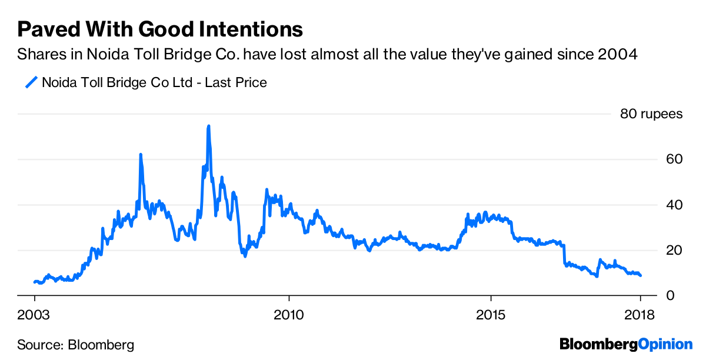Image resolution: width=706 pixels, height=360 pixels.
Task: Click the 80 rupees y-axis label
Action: coord(651,114)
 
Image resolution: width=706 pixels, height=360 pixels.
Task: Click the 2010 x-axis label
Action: coord(289,314)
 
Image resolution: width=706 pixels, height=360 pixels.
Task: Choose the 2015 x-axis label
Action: coord(491,314)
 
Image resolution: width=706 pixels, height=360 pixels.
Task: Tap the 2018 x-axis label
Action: coord(640,314)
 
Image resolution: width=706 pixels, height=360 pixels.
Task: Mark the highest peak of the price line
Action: coord(208,126)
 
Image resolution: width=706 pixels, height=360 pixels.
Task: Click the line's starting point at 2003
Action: coord(35,282)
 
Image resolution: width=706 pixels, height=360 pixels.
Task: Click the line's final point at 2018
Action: coord(641,275)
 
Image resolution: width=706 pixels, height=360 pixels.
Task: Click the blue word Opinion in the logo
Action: coord(665,344)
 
